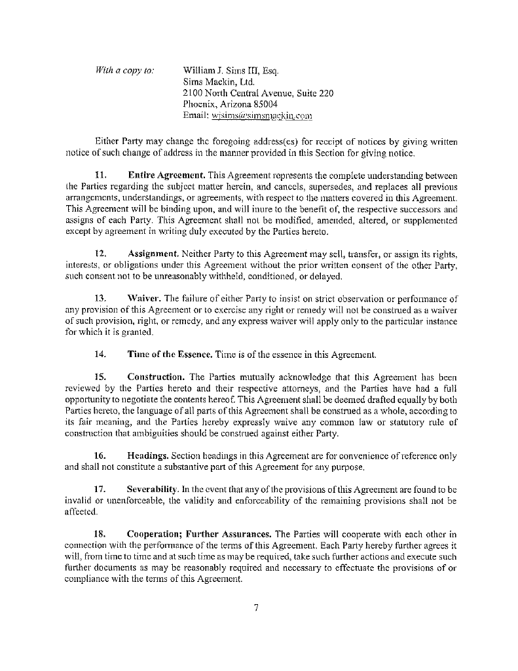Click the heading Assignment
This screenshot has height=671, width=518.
point(154,253)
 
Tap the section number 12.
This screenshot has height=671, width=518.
point(101,253)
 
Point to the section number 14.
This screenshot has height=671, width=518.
point(101,355)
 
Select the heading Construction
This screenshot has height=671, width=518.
point(155,377)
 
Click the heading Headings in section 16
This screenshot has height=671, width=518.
point(149,455)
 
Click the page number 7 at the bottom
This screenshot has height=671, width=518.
point(257,607)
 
